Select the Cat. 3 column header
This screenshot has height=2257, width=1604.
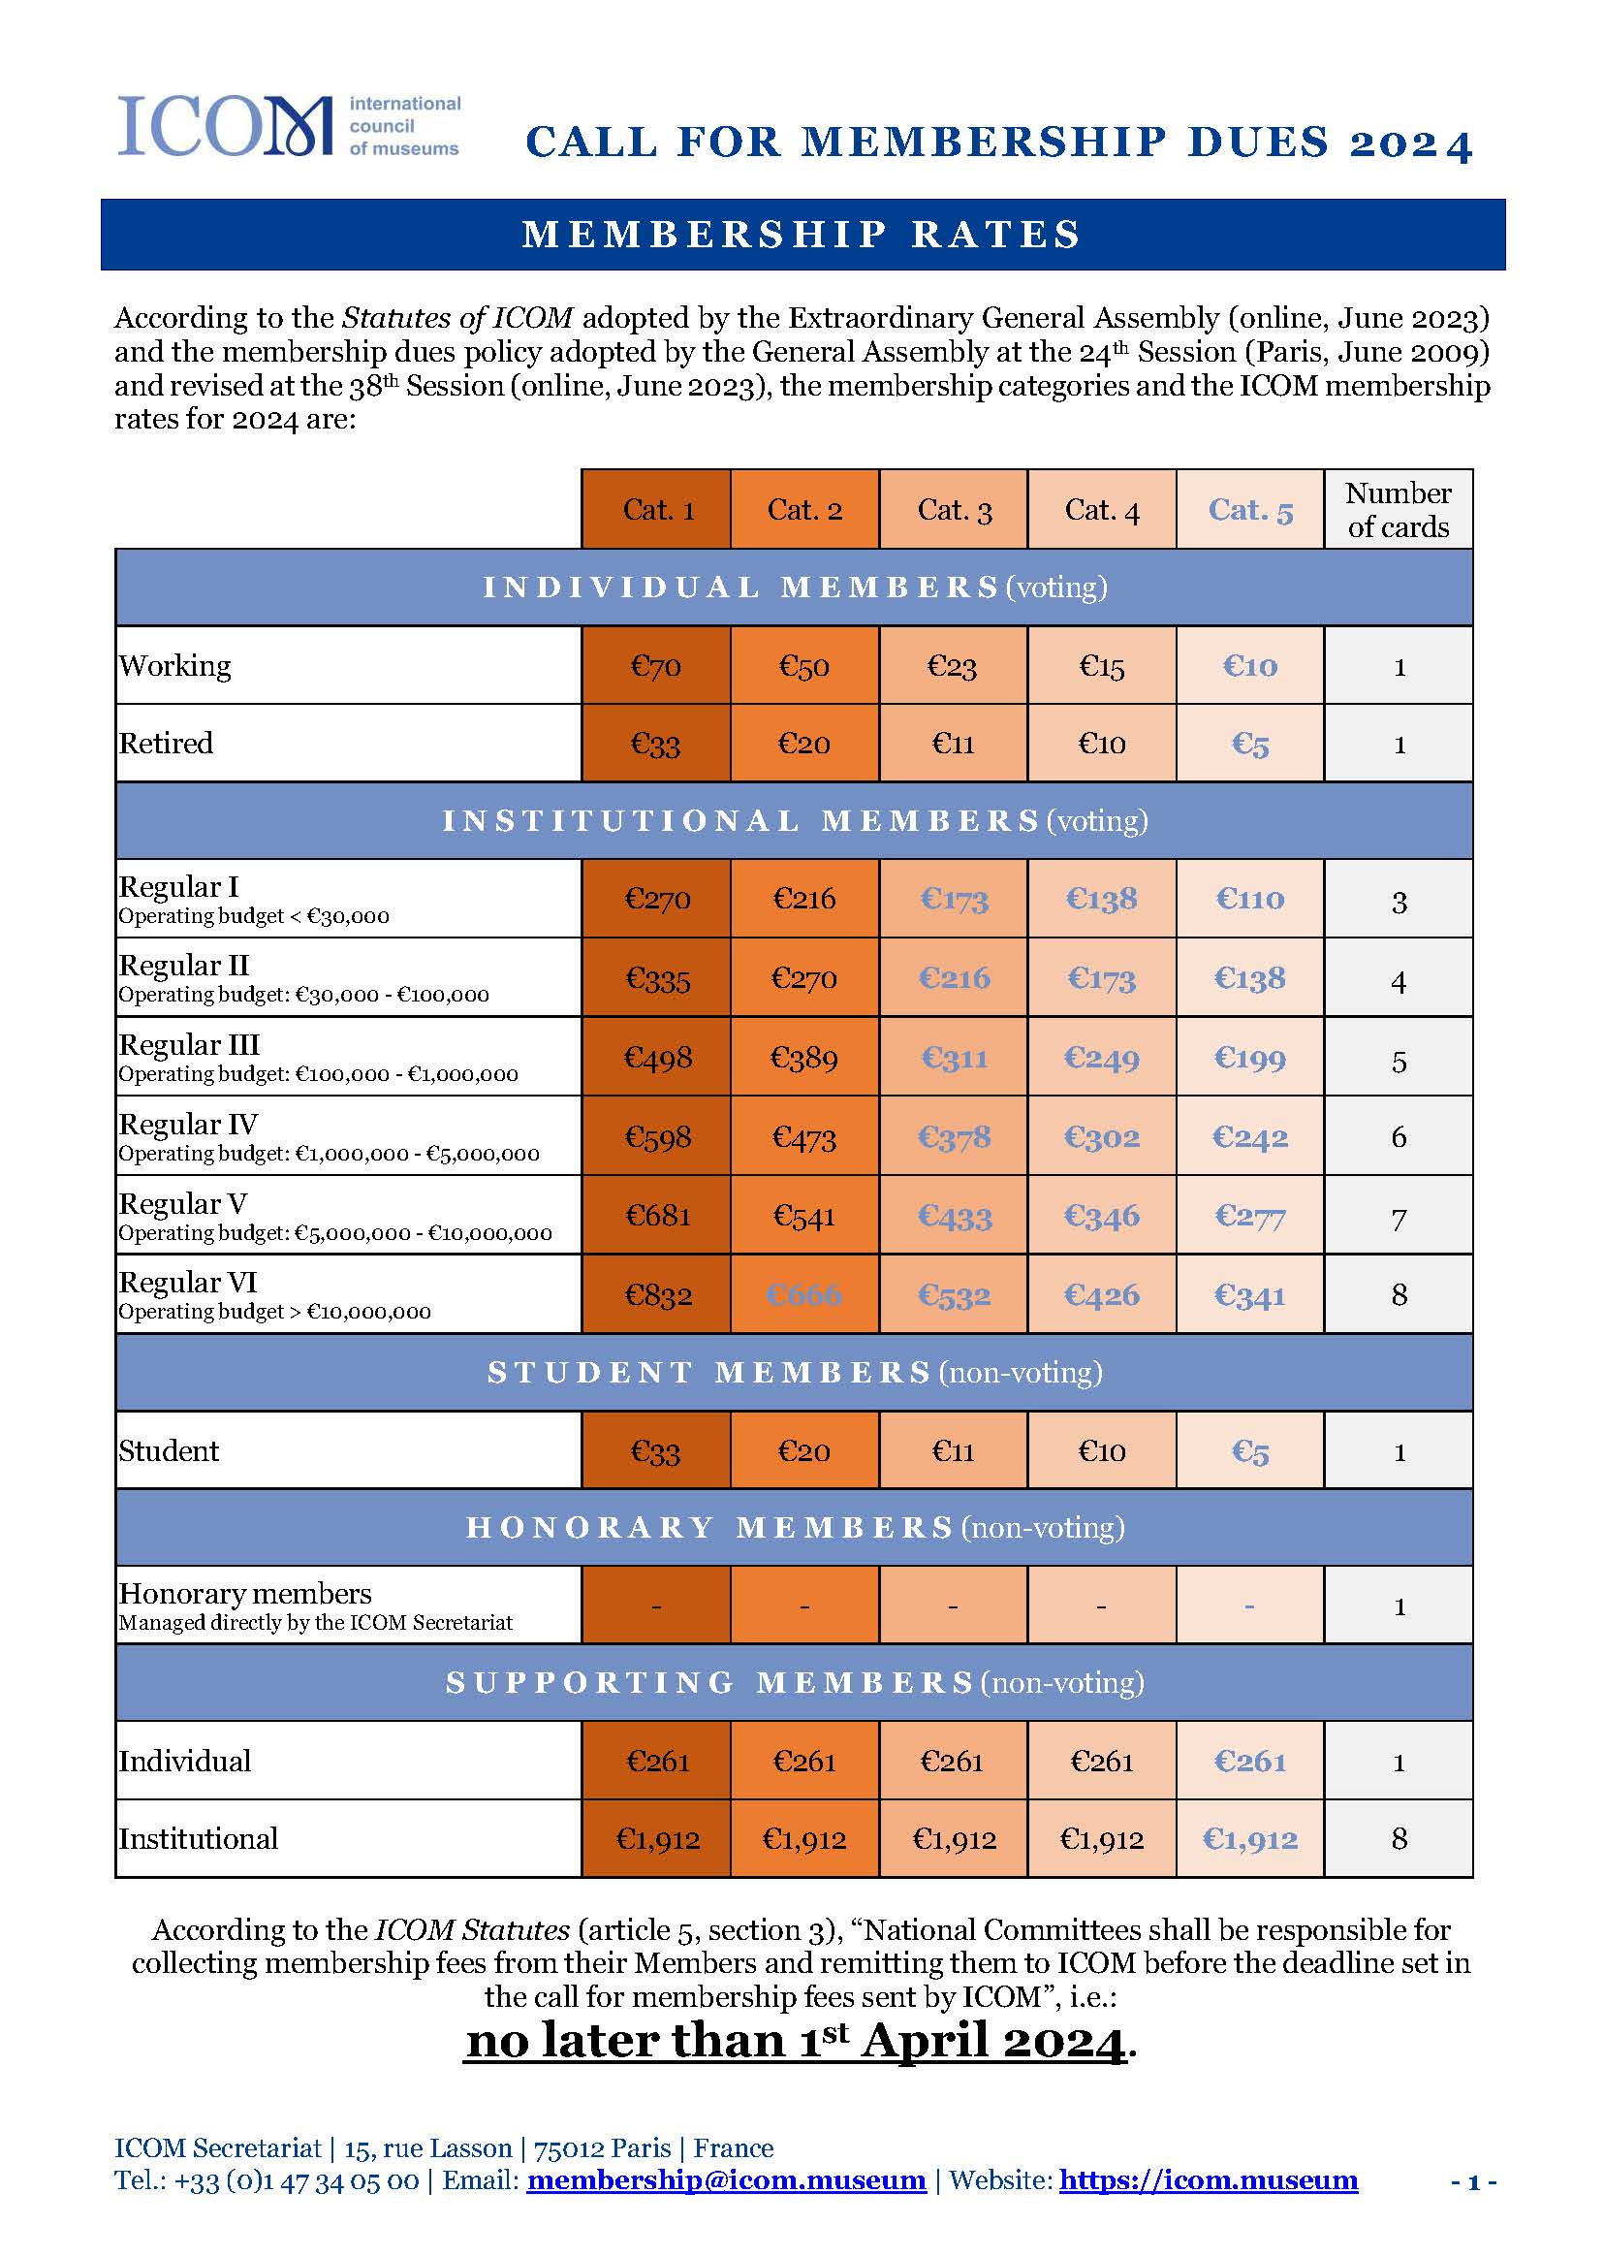click(x=953, y=510)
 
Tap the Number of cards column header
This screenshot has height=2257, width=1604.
click(x=1398, y=510)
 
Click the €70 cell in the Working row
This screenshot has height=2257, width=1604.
click(x=656, y=666)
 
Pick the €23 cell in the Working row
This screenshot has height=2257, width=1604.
click(x=952, y=666)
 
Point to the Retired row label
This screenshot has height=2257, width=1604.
click(x=166, y=743)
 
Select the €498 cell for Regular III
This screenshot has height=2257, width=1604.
click(x=657, y=1058)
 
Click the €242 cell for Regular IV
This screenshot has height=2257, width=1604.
click(x=1249, y=1137)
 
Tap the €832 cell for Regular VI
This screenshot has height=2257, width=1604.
click(x=657, y=1295)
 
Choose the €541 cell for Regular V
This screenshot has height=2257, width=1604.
click(x=804, y=1216)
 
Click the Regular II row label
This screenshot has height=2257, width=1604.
click(x=185, y=965)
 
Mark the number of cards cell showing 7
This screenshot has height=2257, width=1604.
click(x=1399, y=1218)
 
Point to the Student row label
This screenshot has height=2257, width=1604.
click(x=169, y=1451)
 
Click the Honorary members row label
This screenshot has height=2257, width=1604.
click(x=245, y=1593)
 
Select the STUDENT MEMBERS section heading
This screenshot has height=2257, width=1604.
click(x=794, y=1373)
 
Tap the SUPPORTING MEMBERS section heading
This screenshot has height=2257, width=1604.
click(x=794, y=1683)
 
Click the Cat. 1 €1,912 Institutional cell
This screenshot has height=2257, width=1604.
click(x=657, y=1839)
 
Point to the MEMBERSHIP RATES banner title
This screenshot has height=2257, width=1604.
click(x=802, y=235)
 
